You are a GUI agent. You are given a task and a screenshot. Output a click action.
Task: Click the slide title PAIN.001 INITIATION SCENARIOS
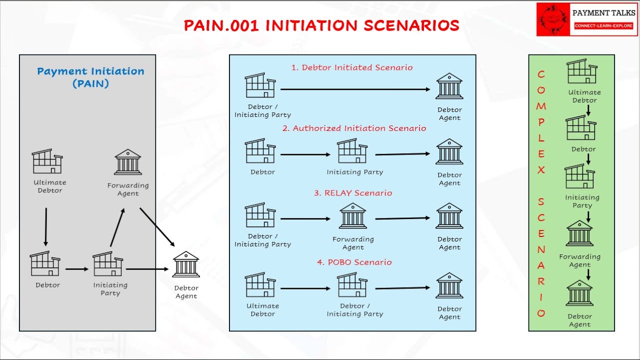pyautogui.click(x=321, y=25)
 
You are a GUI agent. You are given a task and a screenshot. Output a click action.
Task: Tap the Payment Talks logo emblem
pyautogui.click(x=553, y=19)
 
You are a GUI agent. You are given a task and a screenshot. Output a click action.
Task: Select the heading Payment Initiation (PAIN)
pyautogui.click(x=90, y=77)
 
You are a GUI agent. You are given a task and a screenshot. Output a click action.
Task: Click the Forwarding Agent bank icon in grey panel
pyautogui.click(x=128, y=162)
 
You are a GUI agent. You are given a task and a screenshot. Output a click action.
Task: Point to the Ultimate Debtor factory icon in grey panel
pyautogui.click(x=47, y=161)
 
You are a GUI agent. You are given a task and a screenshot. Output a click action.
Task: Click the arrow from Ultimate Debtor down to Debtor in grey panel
pyautogui.click(x=46, y=226)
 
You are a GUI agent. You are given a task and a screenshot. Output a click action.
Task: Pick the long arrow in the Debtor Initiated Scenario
pyautogui.click(x=355, y=89)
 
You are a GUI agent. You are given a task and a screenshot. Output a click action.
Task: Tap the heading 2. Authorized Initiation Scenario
pyautogui.click(x=354, y=128)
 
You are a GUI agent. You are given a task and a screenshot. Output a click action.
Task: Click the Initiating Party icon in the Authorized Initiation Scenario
pyautogui.click(x=352, y=151)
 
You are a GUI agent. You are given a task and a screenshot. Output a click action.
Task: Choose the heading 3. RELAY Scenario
pyautogui.click(x=353, y=193)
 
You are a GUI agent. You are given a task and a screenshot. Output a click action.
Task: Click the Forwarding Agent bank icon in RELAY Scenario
pyautogui.click(x=353, y=215)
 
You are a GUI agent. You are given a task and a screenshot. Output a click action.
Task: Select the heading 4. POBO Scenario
pyautogui.click(x=354, y=262)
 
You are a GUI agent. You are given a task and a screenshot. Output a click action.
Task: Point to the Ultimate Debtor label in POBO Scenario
pyautogui.click(x=262, y=310)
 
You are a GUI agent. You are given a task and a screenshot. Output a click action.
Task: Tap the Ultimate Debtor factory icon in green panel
pyautogui.click(x=582, y=71)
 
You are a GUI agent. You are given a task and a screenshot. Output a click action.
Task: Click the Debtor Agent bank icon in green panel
pyautogui.click(x=579, y=293)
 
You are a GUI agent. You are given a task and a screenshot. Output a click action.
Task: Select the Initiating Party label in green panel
pyautogui.click(x=582, y=201)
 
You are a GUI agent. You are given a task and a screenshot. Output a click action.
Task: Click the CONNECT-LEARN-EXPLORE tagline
pyautogui.click(x=603, y=25)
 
